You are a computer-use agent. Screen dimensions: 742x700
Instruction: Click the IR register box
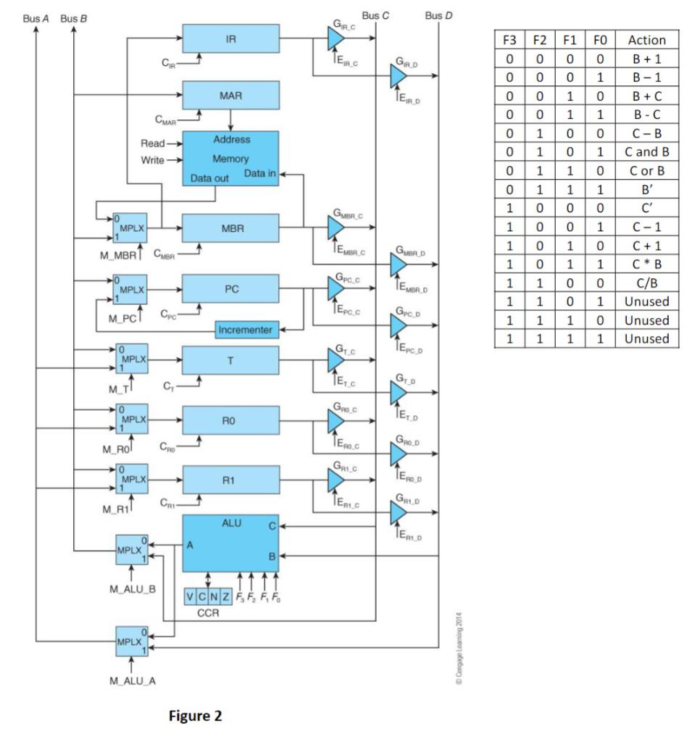230,38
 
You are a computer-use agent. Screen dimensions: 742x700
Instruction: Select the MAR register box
230,95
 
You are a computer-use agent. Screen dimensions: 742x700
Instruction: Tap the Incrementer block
246,330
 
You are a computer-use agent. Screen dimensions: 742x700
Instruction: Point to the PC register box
230,288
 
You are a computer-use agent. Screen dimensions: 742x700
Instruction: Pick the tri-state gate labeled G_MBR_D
399,267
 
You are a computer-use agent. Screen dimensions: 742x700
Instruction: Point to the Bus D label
439,15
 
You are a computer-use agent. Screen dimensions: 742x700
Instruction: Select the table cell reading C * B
646,264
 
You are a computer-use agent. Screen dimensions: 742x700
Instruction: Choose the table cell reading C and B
646,152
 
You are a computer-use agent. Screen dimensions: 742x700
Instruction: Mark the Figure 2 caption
196,716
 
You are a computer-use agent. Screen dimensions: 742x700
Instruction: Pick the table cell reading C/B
646,283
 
